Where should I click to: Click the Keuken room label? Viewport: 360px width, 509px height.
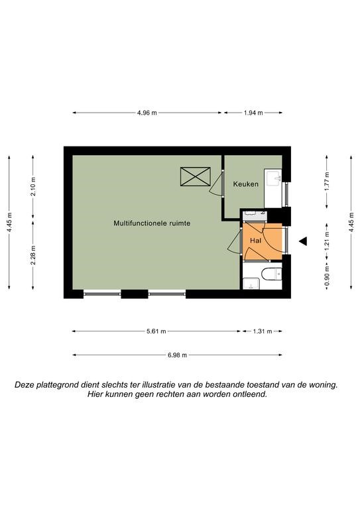246,184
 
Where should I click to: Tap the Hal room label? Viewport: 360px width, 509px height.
255,241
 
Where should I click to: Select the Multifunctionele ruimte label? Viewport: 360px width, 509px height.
152,223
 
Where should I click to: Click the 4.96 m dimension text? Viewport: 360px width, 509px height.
147,113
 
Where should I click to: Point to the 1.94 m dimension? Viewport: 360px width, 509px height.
253,113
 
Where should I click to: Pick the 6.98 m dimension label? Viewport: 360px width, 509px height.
177,355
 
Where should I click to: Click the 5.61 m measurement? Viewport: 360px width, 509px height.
156,331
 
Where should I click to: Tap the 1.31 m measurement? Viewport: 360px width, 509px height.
263,331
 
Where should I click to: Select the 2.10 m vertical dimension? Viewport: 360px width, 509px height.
33,187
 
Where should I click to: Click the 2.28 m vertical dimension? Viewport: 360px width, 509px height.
33,255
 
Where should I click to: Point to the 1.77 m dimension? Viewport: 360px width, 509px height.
327,181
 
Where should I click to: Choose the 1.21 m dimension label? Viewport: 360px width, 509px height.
327,240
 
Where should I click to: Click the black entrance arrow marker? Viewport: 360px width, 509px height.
303,241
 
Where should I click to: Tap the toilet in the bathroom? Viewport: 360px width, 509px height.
272,274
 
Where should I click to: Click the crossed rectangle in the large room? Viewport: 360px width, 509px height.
195,176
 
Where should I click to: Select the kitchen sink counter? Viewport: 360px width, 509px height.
272,188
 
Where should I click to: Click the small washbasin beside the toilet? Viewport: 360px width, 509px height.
251,284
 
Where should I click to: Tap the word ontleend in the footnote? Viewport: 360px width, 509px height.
252,394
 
